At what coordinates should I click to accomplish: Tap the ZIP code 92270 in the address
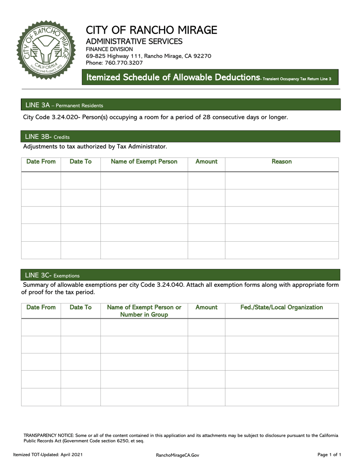(203, 56)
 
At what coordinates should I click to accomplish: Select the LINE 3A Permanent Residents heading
(64, 105)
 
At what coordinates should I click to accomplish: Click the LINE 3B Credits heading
(47, 136)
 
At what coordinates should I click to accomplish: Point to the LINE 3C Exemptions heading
(52, 275)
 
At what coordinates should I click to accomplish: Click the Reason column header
(282, 162)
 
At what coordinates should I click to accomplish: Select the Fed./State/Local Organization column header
(282, 307)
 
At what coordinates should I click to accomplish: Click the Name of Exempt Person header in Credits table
(144, 162)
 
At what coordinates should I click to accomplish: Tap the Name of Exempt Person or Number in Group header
(144, 311)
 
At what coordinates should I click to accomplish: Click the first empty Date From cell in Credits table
(41, 181)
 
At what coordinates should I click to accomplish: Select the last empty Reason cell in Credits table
(282, 250)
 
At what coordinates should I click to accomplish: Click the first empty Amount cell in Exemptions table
(206, 328)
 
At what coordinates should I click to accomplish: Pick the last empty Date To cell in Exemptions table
(80, 397)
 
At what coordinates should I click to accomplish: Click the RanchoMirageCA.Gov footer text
(177, 455)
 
